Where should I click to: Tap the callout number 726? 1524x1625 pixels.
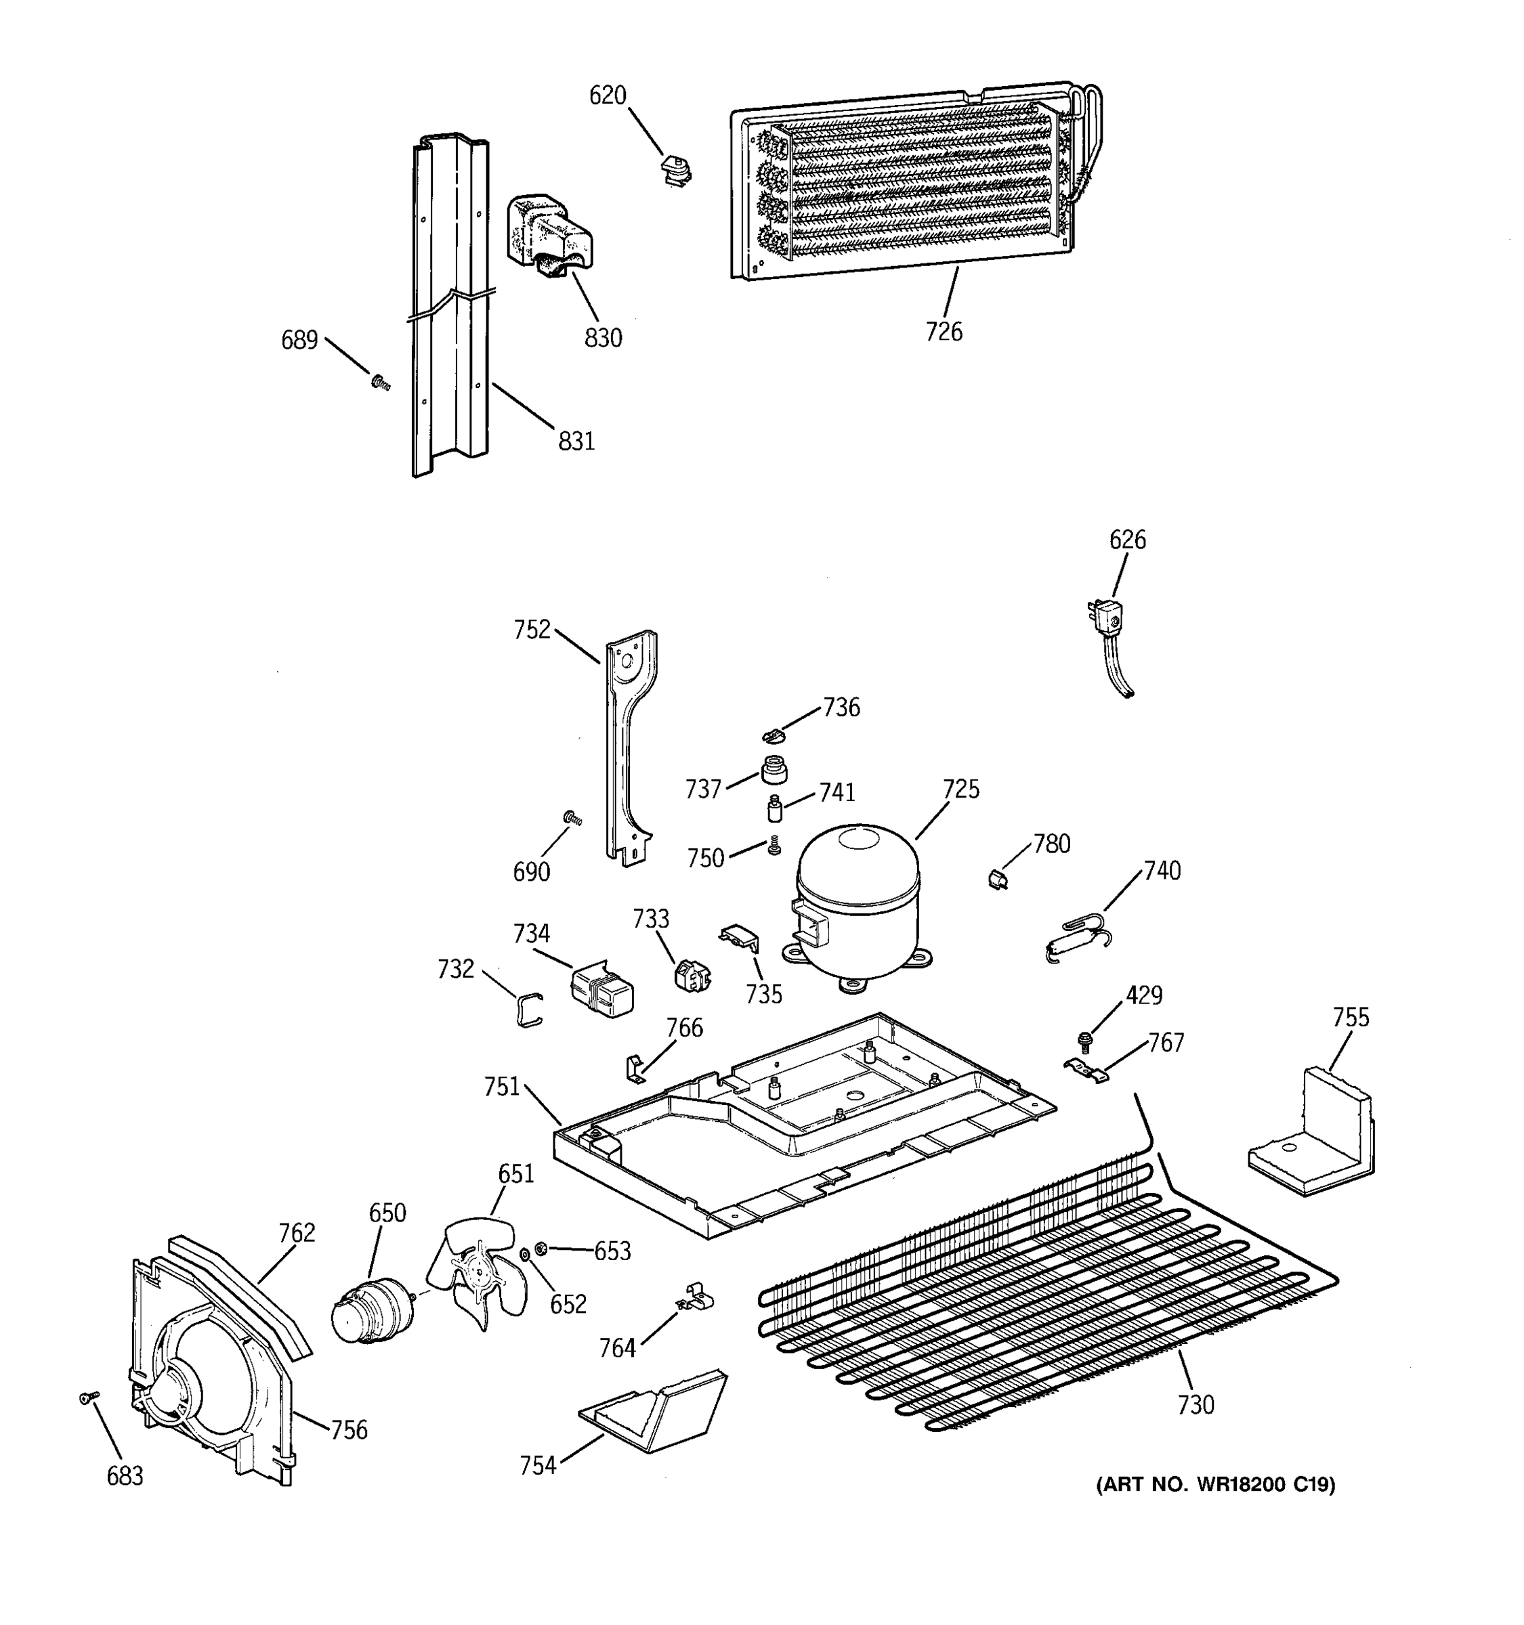pos(944,331)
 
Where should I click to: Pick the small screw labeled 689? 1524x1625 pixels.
pos(380,382)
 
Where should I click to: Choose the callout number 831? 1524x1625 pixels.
pos(576,441)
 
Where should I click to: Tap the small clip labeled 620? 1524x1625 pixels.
pos(676,169)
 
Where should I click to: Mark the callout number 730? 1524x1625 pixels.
pos(1195,1405)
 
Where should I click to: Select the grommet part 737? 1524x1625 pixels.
pos(774,769)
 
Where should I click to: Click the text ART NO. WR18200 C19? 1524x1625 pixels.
pos(1215,1483)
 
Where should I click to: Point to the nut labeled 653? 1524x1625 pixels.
pos(541,1248)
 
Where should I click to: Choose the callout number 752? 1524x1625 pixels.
pos(532,630)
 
